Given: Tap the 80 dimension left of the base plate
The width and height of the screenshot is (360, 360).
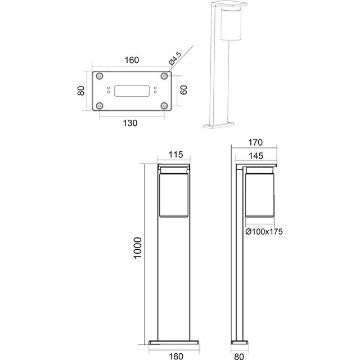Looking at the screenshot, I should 80,91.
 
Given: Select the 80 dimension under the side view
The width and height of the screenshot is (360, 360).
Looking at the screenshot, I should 238,355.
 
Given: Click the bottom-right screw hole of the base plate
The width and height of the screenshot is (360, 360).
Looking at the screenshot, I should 164,105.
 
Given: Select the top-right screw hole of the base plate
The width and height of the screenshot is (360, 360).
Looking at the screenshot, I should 164,76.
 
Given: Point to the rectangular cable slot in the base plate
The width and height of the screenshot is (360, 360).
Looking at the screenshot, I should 132,91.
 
